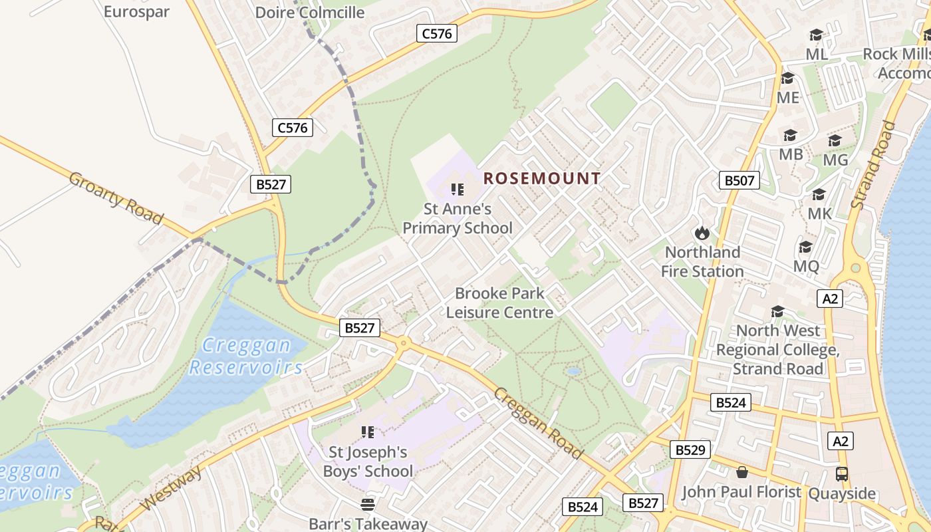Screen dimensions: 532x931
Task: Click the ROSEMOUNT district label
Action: (x=542, y=178)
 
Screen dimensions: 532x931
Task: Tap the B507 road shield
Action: (x=739, y=180)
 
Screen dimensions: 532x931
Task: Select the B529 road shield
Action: (x=690, y=450)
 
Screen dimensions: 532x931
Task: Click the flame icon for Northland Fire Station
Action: (x=702, y=233)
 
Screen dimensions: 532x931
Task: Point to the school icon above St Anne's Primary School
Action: (x=458, y=190)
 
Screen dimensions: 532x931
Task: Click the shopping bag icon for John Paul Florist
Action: (x=742, y=472)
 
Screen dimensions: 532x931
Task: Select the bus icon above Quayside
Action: (x=842, y=474)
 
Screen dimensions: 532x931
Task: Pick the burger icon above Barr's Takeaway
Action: (x=368, y=504)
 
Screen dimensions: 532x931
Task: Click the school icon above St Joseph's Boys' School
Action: (x=368, y=432)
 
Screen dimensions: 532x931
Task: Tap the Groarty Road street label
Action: (x=116, y=198)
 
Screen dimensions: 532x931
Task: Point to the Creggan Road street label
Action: (x=538, y=422)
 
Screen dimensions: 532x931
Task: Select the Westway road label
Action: (x=171, y=489)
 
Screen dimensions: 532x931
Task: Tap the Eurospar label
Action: (x=136, y=11)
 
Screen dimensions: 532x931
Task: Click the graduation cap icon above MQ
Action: (x=806, y=247)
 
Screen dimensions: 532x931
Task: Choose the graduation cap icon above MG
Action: (x=835, y=140)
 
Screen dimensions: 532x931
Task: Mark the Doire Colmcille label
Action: (x=310, y=12)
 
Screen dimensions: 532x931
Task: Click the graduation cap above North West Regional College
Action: (x=777, y=311)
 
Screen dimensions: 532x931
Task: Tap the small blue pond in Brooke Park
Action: (x=573, y=371)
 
